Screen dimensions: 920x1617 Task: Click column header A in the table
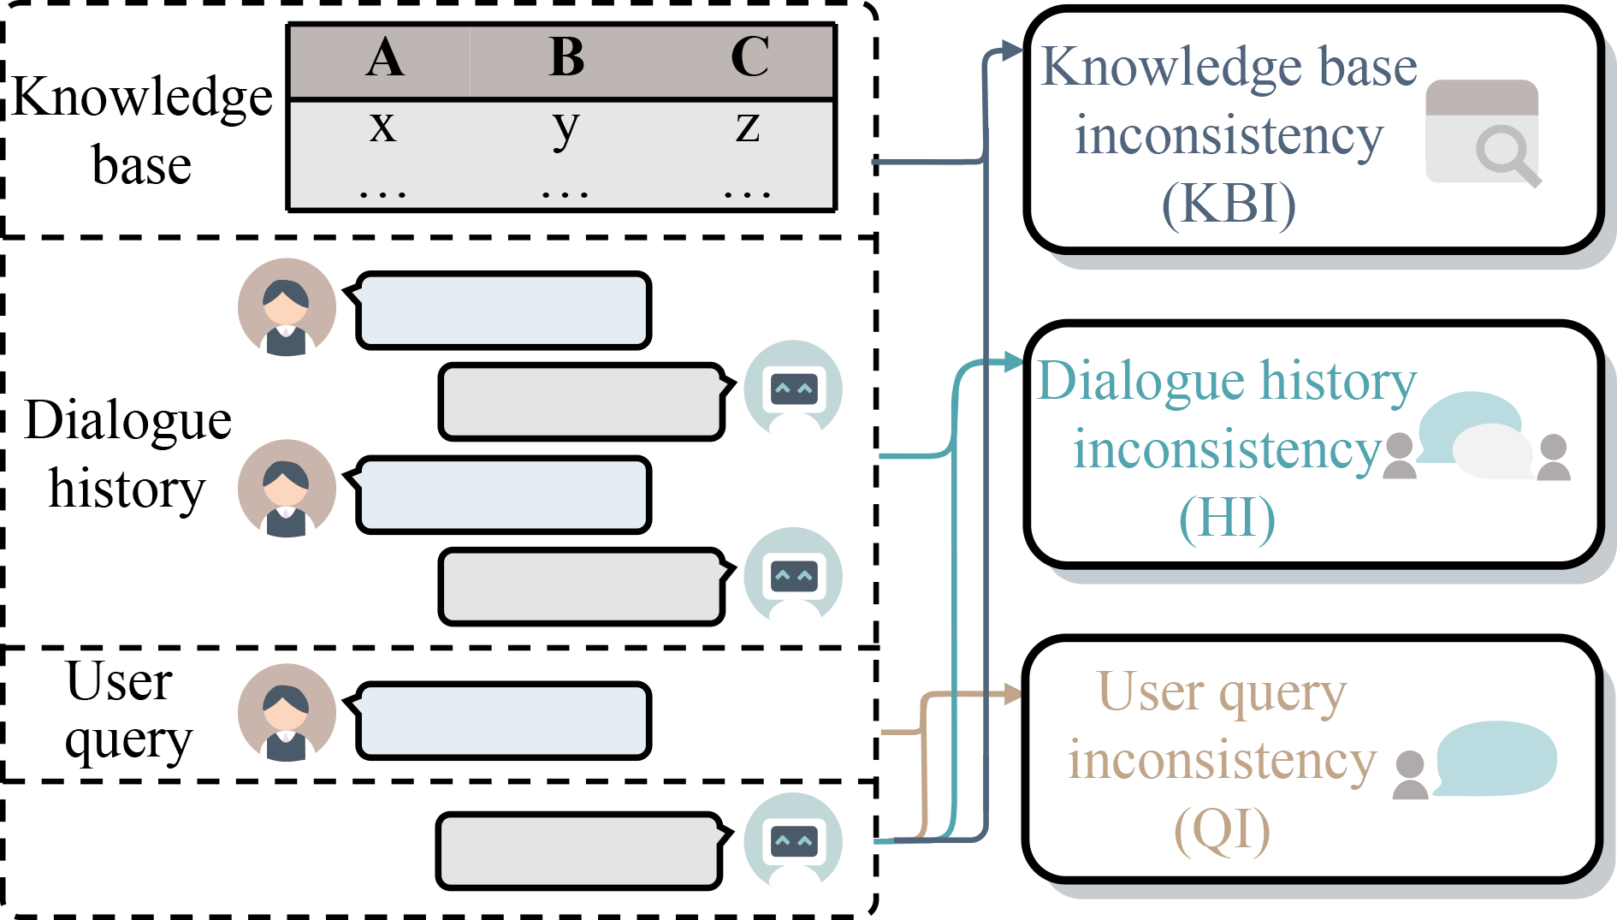pos(385,58)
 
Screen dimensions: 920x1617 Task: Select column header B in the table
pos(566,58)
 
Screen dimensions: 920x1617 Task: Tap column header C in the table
pos(749,58)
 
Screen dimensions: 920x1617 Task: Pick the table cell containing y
pos(566,128)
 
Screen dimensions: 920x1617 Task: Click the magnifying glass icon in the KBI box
pos(1506,154)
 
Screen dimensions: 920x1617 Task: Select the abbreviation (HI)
pos(1227,518)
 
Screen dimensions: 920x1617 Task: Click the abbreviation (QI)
pos(1222,829)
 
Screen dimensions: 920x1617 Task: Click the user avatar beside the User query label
pos(287,713)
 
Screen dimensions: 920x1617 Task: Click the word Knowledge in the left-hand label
pos(142,97)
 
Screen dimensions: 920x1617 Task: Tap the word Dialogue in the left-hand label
pos(127,420)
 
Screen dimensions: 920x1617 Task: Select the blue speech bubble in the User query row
pos(503,721)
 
